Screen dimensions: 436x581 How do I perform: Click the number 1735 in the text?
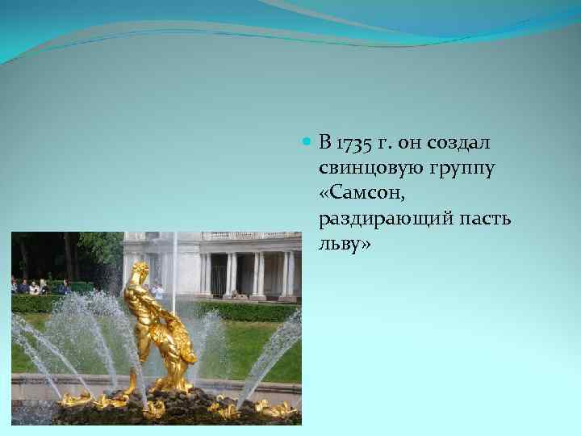coord(353,145)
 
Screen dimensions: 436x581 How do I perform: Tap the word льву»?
coord(345,245)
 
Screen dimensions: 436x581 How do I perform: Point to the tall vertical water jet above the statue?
coord(173,266)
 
